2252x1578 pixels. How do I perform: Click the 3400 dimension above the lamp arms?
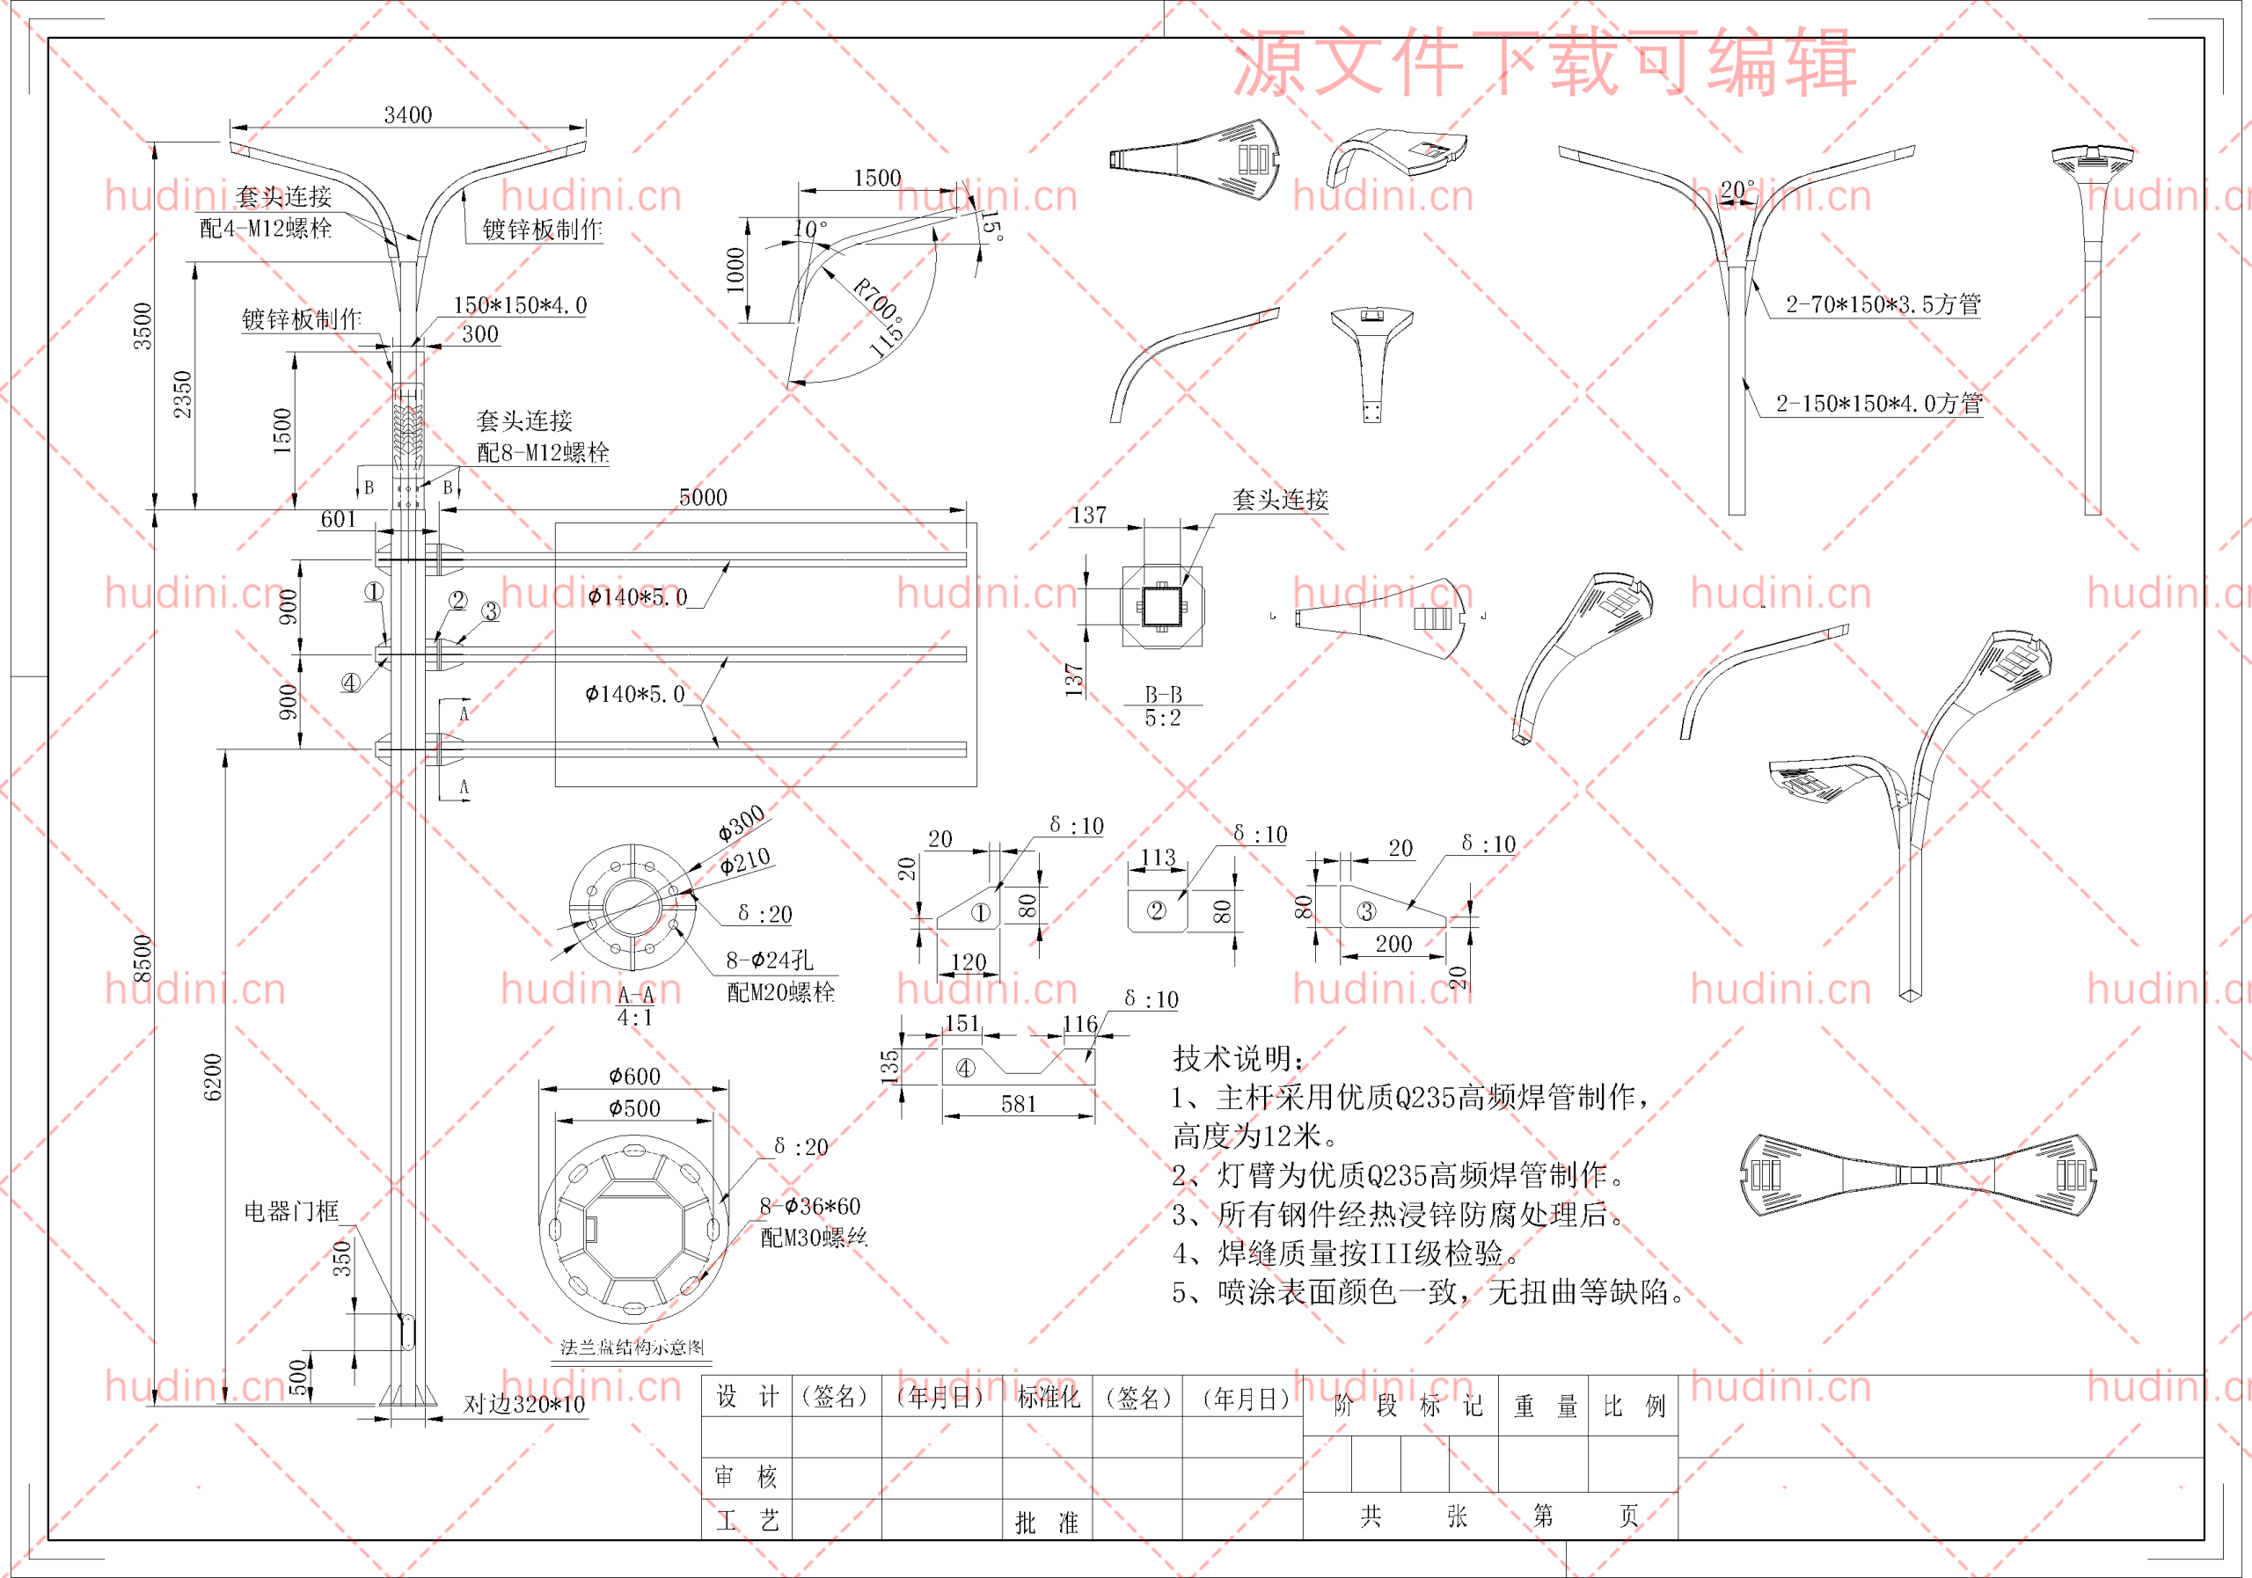point(408,114)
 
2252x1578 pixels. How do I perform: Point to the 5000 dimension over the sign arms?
point(703,497)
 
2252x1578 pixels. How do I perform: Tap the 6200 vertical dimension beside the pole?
point(213,1076)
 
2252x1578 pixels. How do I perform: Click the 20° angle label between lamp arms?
point(1737,188)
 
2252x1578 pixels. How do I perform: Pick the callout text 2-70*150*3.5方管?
point(1883,304)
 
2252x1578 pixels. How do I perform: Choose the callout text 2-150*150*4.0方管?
point(1878,403)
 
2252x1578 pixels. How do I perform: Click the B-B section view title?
point(1163,694)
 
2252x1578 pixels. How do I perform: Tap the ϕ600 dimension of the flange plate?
point(634,1076)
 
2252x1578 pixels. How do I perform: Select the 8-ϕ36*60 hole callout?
point(809,1205)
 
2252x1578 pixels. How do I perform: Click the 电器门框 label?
point(291,1211)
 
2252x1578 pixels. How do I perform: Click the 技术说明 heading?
point(1239,1058)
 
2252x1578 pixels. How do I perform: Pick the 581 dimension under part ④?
point(1018,1104)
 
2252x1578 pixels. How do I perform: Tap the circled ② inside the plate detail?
point(1157,911)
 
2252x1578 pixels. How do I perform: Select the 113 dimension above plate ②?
point(1158,857)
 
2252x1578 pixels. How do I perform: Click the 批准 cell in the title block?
point(1047,1522)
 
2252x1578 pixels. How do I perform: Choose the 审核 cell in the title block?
point(745,1476)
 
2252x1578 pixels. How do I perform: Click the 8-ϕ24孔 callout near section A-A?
point(769,959)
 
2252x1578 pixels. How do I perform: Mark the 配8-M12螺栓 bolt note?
point(543,452)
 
